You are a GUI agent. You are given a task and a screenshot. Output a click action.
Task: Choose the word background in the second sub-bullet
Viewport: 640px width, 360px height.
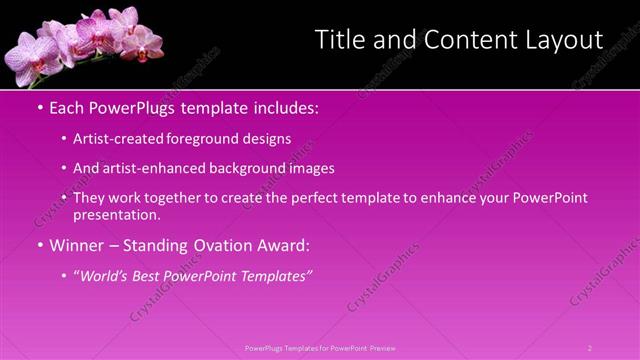click(247, 169)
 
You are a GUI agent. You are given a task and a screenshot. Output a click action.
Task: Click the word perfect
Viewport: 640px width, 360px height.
click(291, 198)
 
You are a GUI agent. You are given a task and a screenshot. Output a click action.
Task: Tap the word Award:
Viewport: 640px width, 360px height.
click(283, 245)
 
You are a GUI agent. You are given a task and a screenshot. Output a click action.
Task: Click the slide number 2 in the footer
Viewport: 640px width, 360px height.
click(590, 348)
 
